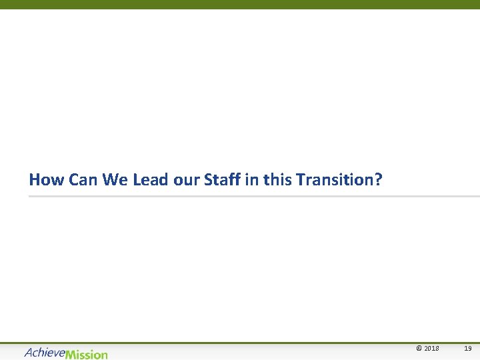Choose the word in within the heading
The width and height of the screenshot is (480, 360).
point(252,180)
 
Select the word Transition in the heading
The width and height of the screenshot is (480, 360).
point(335,180)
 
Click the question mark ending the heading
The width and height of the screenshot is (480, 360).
point(379,180)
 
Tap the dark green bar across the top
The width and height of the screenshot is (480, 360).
point(240,4)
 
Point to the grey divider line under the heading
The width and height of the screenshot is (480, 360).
point(253,197)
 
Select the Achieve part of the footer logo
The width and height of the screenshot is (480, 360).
point(45,352)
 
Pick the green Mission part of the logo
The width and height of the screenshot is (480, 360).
point(86,354)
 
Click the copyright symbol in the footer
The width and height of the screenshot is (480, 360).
point(419,349)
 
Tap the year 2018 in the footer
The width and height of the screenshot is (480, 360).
point(432,349)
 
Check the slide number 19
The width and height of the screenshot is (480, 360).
point(468,349)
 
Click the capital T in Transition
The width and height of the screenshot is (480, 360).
point(300,180)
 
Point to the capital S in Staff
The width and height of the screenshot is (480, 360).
point(208,180)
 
